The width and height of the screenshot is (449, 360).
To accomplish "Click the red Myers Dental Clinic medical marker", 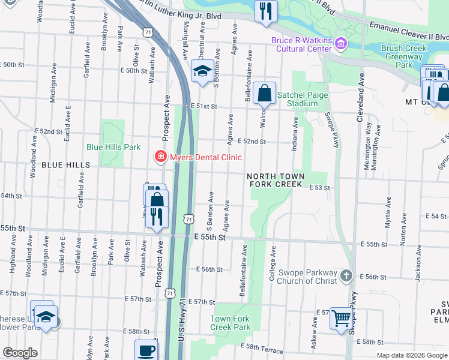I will coord(160,157).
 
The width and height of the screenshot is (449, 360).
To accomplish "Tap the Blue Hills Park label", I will coord(113,146).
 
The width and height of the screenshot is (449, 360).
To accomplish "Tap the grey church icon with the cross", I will coord(346,275).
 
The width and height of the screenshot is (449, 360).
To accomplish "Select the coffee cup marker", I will coord(146,350).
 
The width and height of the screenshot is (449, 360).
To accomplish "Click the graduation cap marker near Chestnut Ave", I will coord(202,71).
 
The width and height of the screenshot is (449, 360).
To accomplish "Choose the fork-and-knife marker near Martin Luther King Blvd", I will coord(265,10).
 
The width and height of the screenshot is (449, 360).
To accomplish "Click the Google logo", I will coord(20,353).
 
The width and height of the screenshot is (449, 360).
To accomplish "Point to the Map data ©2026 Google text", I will coord(411,355).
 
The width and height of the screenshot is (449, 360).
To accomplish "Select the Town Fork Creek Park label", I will coord(230,323).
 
